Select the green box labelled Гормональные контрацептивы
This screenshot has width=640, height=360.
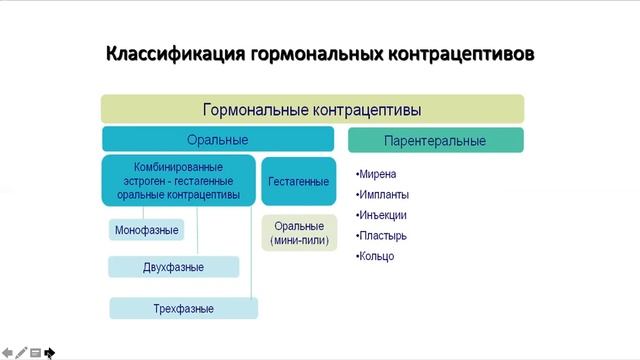point(312,109)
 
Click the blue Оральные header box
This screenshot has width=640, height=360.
point(218,140)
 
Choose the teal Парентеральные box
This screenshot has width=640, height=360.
point(435,140)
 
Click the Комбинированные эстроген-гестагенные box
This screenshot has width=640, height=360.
point(178,181)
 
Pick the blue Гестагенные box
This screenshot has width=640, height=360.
point(298,181)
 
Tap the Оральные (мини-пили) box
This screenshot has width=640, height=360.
point(299,234)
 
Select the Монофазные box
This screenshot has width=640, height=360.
point(146,231)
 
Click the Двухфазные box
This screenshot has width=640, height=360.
point(174,267)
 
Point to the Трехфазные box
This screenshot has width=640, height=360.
point(183,309)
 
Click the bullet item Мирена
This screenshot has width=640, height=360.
point(378,174)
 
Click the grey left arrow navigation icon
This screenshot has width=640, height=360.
point(7,352)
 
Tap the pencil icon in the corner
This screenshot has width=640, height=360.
point(21,352)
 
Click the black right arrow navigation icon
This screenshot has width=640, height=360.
point(49,352)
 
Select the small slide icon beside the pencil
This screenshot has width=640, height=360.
point(35,352)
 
